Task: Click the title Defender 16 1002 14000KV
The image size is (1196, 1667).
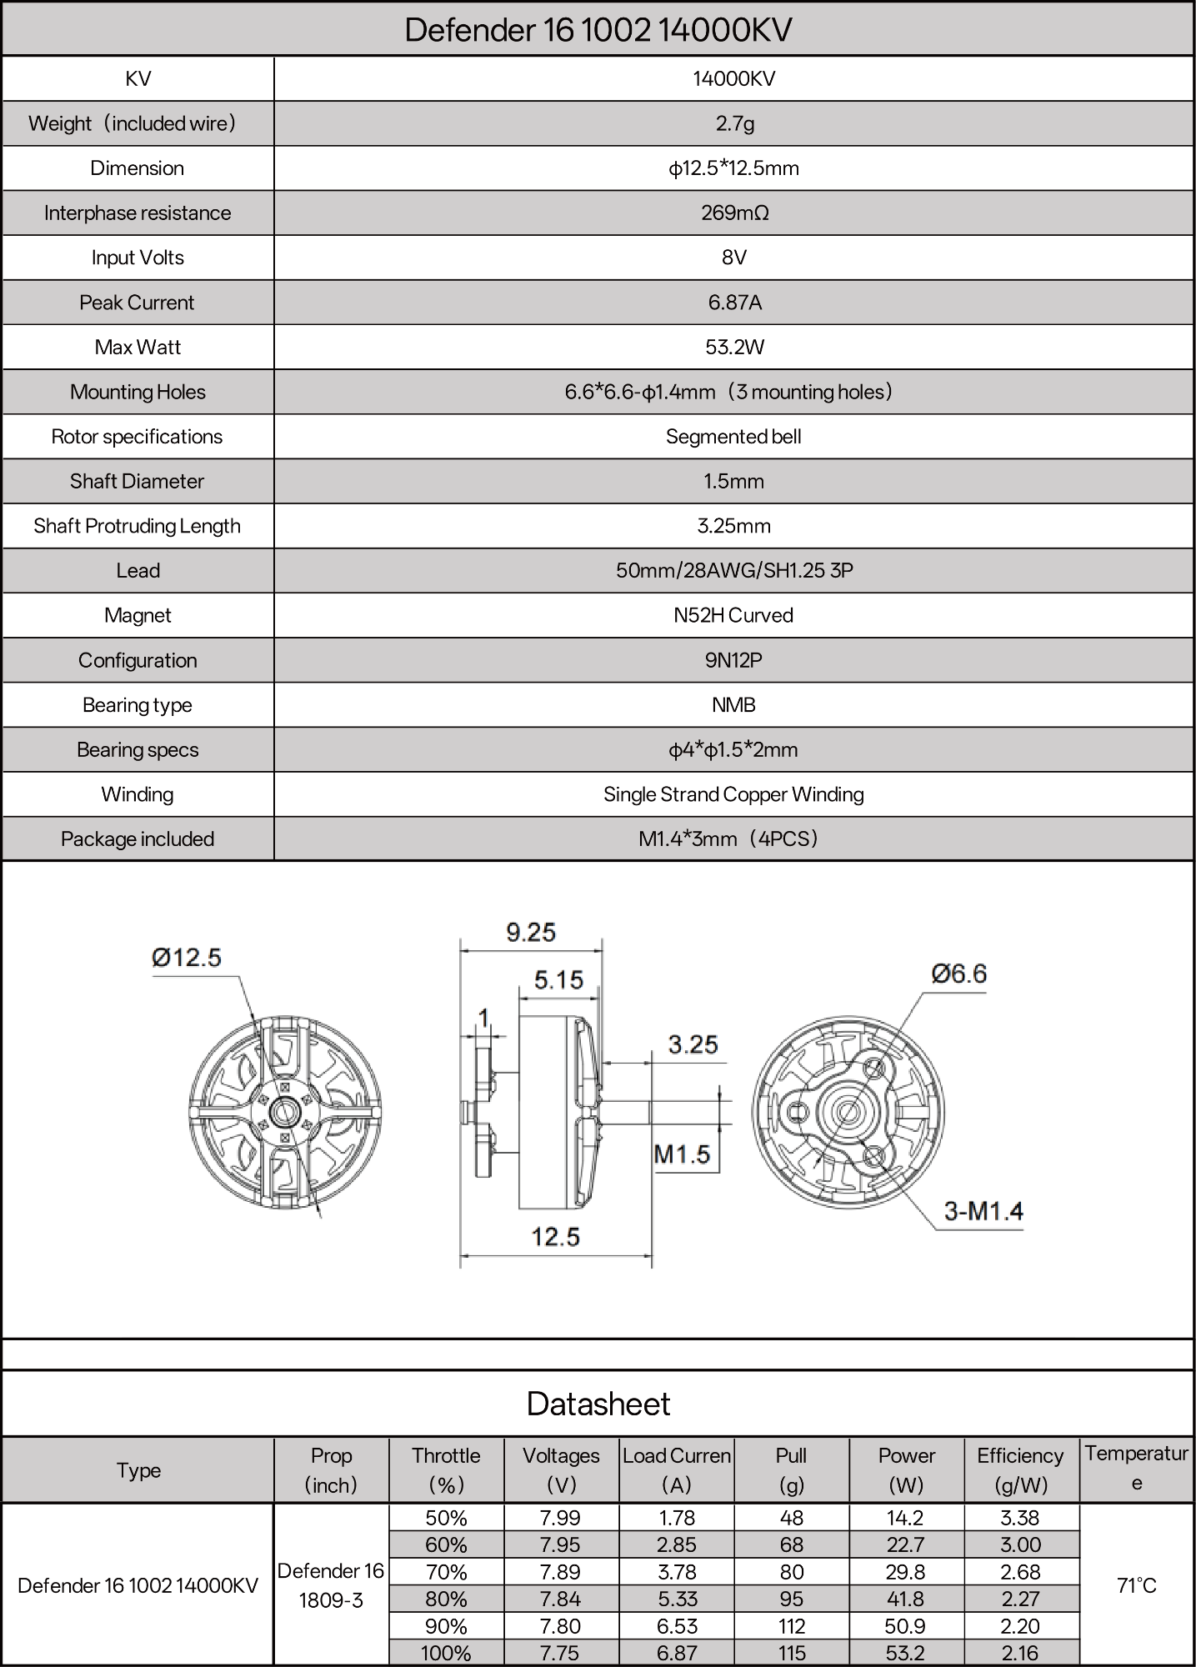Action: coord(598,30)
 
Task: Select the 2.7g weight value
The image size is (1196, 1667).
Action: coord(733,123)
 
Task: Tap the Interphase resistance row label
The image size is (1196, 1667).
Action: coord(138,213)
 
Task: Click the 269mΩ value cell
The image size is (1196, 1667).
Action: coord(733,213)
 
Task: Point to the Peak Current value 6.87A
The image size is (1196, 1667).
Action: coord(733,303)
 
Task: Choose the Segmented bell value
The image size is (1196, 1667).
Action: coord(733,437)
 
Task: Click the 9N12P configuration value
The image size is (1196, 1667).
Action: coord(733,660)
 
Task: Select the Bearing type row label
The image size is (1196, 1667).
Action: coord(138,705)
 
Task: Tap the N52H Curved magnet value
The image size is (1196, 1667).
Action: coord(733,615)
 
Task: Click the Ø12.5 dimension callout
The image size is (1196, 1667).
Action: coord(187,957)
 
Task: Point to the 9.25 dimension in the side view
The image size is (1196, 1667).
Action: coord(531,932)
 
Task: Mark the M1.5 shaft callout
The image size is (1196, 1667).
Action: coord(682,1154)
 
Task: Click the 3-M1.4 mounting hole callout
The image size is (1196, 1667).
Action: coord(983,1210)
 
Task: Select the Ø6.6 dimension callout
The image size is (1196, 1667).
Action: coord(958,974)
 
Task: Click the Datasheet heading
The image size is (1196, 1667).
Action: coord(598,1404)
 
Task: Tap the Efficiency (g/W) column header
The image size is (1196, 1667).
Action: coord(1020,1469)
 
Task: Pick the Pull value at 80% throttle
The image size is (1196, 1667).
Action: coord(791,1599)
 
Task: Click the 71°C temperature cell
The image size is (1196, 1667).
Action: coord(1136,1585)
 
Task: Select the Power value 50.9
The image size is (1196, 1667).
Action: coord(906,1626)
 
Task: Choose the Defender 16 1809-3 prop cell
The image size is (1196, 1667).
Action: coord(331,1585)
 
